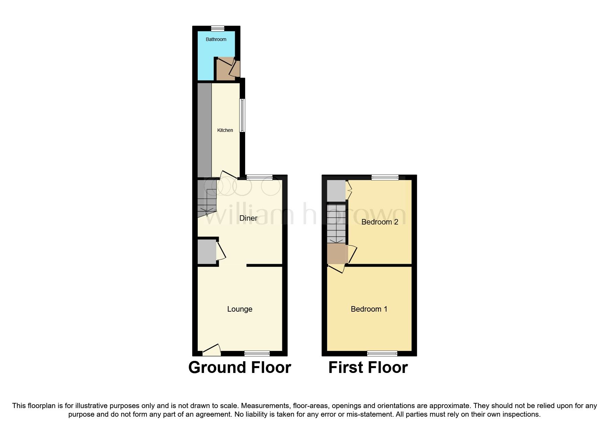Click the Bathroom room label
click(216, 39)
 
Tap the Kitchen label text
click(225, 130)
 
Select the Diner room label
click(248, 218)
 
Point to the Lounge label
click(240, 309)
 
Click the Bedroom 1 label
click(369, 309)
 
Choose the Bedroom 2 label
click(380, 222)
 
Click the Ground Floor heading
click(240, 367)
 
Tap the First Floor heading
click(368, 367)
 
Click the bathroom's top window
click(217, 28)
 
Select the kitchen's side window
click(242, 116)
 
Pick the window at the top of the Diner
click(260, 177)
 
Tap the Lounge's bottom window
click(257, 353)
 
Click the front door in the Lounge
click(211, 351)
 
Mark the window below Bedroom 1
click(382, 353)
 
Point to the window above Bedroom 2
click(385, 177)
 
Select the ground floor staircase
click(206, 200)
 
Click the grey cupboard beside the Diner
click(207, 252)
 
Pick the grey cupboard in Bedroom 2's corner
click(336, 191)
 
